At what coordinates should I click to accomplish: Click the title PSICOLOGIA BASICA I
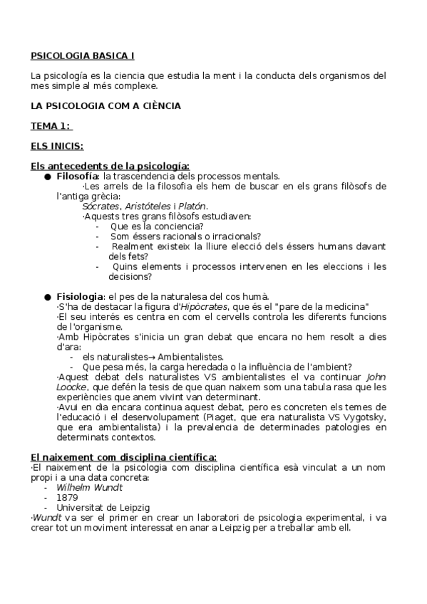click(x=82, y=55)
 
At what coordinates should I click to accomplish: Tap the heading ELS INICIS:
click(x=57, y=146)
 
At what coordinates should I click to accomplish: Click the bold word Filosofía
click(x=77, y=176)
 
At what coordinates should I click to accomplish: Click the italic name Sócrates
click(x=101, y=206)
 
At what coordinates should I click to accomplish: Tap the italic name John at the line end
click(x=376, y=377)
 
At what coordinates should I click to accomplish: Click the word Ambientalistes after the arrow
click(x=192, y=356)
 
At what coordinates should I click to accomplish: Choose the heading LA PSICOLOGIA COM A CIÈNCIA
click(x=106, y=105)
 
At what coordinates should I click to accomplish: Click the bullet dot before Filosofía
click(x=47, y=177)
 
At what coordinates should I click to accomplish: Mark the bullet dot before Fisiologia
click(x=47, y=296)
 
